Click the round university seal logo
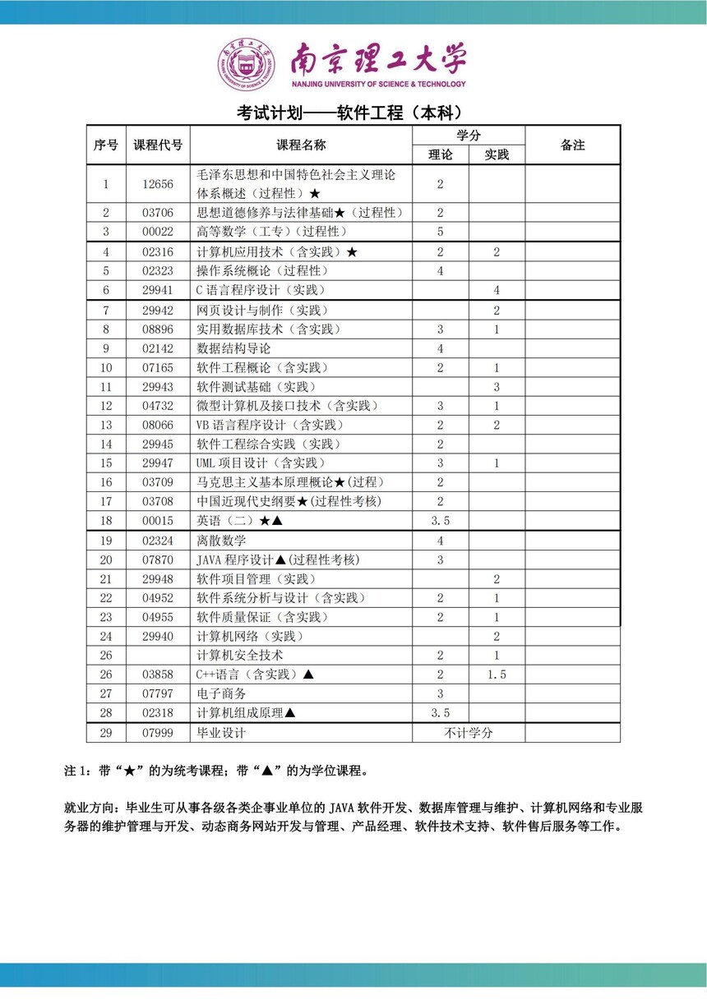point(247,64)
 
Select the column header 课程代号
point(158,145)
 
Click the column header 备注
point(572,145)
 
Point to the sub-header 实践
point(497,154)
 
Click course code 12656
point(158,185)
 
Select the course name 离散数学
point(221,541)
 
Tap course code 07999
point(158,733)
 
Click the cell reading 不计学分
point(469,733)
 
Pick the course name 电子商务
point(221,694)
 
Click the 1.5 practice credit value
point(497,674)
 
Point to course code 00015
point(158,521)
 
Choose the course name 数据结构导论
point(233,348)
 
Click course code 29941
point(158,291)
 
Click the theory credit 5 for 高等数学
point(441,232)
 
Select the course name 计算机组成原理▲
point(246,713)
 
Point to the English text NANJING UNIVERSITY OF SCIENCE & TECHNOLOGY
point(378,84)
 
